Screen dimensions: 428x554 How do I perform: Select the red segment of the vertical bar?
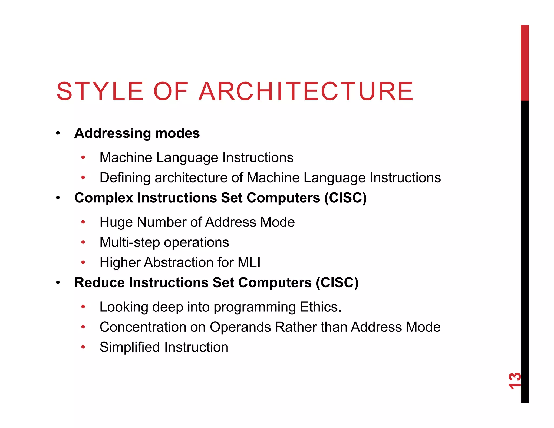pos(525,63)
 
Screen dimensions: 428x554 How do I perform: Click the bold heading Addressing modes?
pos(137,133)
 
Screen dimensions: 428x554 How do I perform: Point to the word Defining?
pos(125,178)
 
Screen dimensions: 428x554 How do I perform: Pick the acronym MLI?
pos(249,262)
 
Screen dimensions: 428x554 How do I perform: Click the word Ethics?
pos(321,307)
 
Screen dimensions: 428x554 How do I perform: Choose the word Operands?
pos(240,327)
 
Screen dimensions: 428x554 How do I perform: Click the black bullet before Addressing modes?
pos(58,133)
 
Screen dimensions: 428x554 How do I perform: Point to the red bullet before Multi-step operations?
pos(83,242)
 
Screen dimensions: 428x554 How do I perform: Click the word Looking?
pos(124,307)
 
